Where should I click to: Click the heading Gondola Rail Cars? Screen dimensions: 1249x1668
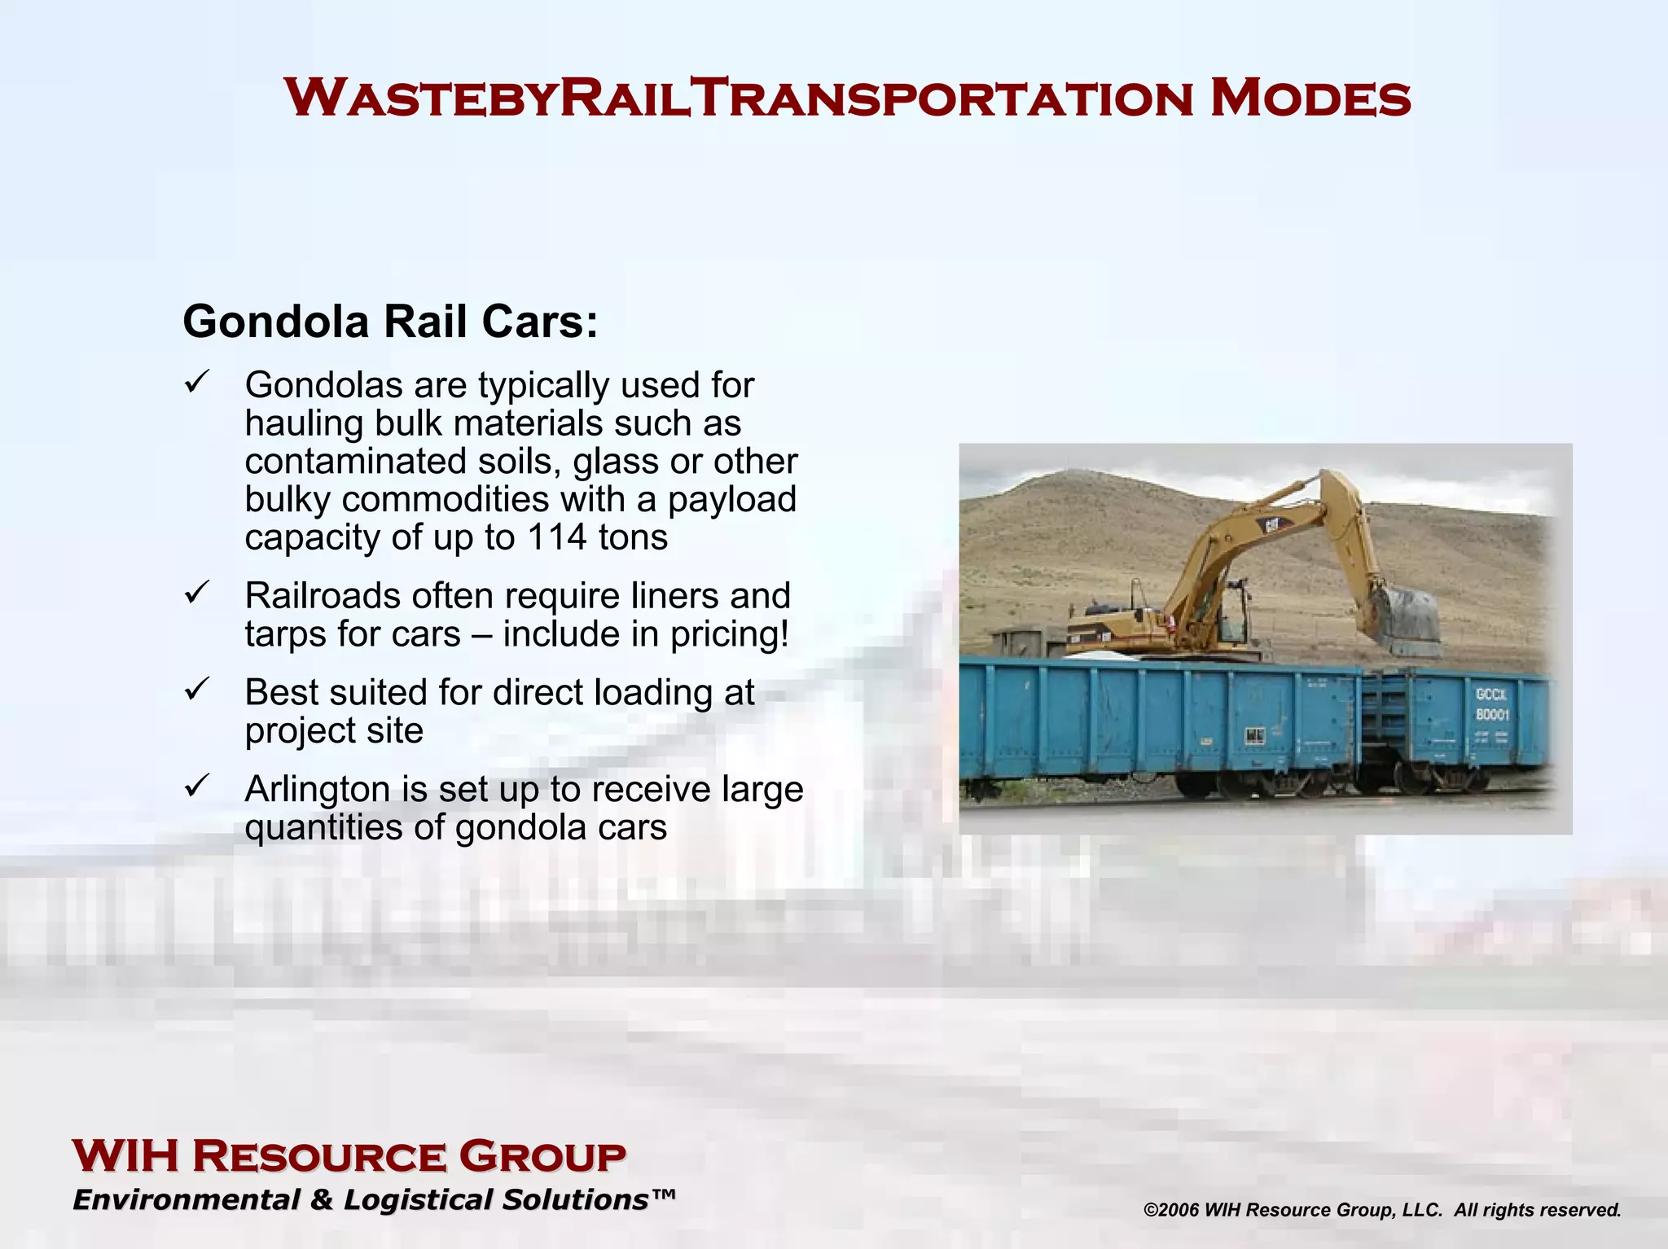click(390, 321)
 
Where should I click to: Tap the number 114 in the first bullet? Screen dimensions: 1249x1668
click(557, 537)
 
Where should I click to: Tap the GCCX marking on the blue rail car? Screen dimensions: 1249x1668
click(1491, 695)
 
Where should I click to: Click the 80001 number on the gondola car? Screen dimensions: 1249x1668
click(1492, 715)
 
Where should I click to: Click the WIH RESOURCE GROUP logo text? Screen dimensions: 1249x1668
click(349, 1156)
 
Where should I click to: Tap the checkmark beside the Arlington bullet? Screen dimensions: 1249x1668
click(197, 786)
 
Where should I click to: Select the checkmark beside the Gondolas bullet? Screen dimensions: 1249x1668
click(197, 381)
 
